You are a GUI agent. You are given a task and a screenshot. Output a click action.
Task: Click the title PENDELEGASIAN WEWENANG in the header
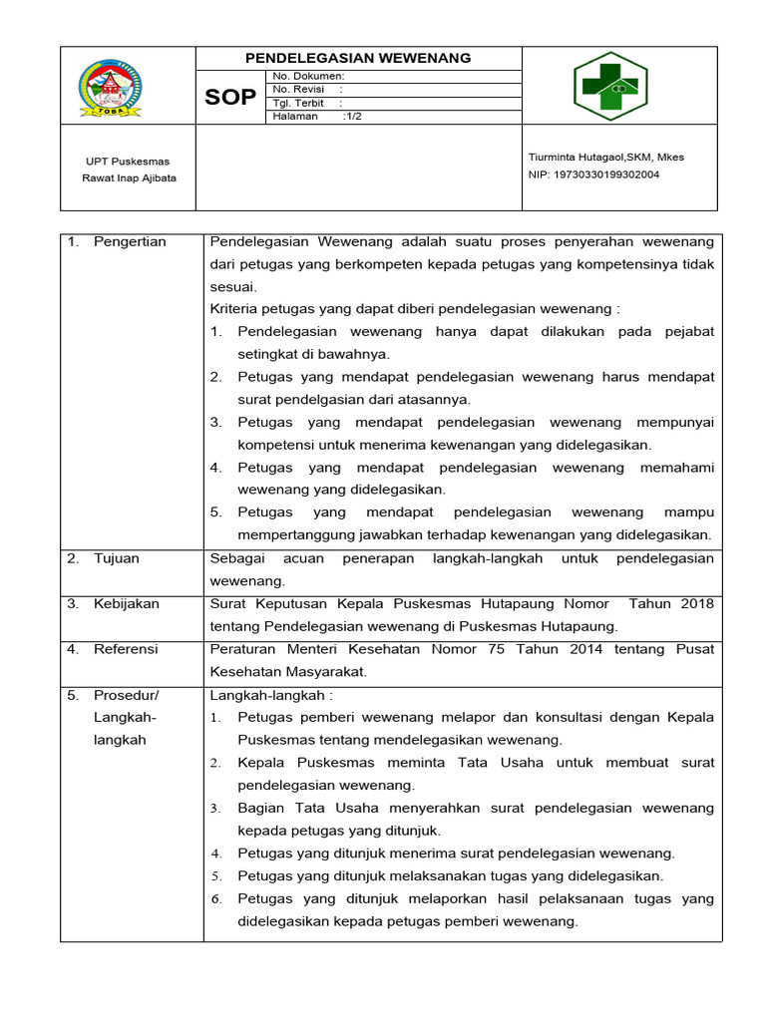357,59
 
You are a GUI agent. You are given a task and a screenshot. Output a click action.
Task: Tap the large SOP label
230,98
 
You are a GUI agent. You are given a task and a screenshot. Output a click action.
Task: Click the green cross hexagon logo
610,86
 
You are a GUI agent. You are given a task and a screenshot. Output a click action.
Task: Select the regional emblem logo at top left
110,87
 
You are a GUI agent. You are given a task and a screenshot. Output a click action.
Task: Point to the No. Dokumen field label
308,76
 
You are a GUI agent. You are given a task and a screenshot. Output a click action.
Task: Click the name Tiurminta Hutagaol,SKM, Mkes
605,157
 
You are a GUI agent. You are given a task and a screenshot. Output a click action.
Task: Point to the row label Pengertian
130,241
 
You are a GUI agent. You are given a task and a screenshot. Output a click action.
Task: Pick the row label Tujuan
117,558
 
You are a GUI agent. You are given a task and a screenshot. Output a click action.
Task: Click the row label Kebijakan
126,603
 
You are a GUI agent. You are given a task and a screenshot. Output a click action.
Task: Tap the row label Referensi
126,649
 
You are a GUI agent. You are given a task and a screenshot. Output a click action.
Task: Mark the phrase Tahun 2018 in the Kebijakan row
677,603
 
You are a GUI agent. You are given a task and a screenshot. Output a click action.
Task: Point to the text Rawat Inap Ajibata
129,178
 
